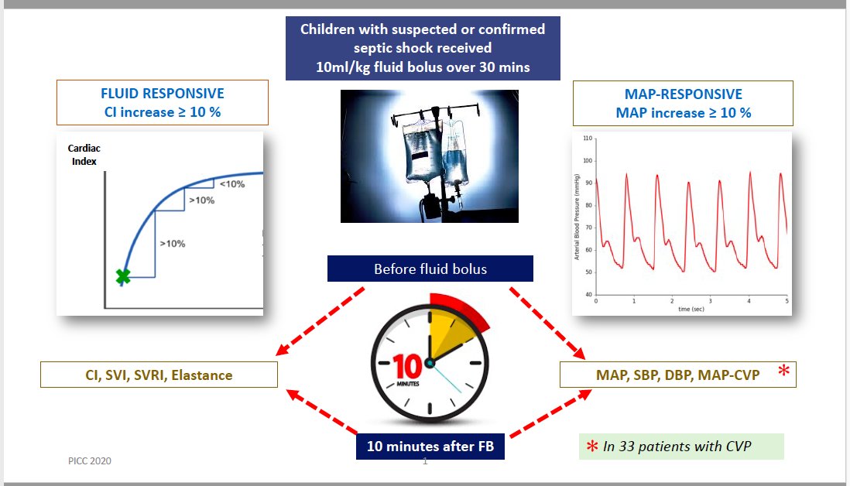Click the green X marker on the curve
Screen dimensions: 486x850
click(122, 276)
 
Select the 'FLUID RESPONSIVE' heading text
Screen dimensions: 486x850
click(163, 94)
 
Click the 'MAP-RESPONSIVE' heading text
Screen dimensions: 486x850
click(683, 94)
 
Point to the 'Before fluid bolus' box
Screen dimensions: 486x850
click(430, 269)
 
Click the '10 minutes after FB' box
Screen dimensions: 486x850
click(430, 446)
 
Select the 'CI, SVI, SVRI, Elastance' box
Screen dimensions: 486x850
click(159, 375)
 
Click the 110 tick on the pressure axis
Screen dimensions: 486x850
click(588, 139)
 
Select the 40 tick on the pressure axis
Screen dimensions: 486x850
click(588, 295)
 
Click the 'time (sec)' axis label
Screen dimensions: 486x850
click(691, 308)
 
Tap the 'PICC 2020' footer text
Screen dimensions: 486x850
click(89, 460)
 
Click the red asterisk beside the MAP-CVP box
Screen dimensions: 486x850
click(783, 372)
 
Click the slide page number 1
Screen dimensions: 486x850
click(425, 462)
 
